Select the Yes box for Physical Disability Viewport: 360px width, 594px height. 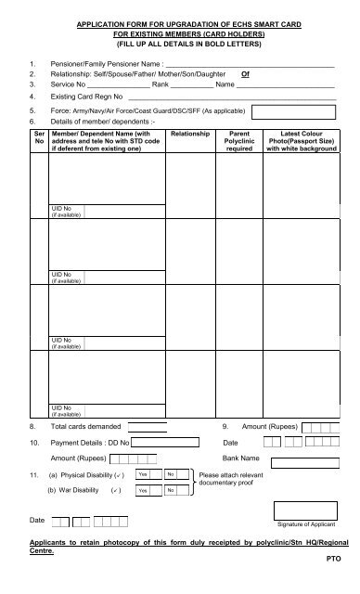(x=143, y=474)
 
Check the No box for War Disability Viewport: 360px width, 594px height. (x=172, y=490)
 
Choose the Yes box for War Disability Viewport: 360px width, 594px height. (x=143, y=490)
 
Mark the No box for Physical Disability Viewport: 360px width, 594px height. (x=172, y=474)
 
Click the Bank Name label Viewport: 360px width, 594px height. (x=241, y=458)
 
